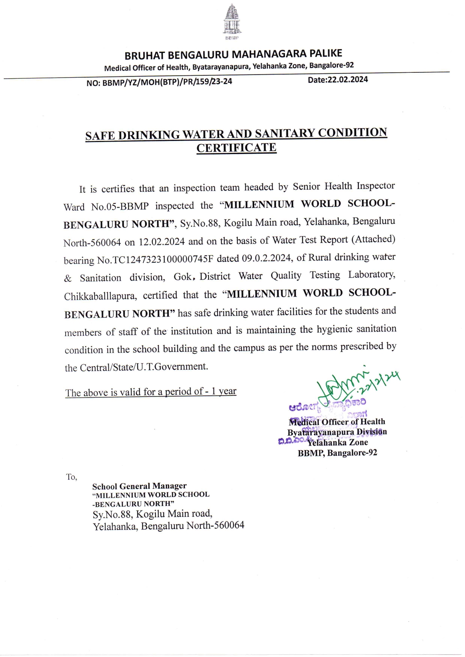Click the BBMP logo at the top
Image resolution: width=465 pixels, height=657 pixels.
click(232, 22)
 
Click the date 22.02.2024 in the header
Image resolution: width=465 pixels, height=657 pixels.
click(348, 80)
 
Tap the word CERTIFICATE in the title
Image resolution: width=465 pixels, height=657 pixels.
click(236, 148)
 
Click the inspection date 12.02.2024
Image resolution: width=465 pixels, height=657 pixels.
click(162, 242)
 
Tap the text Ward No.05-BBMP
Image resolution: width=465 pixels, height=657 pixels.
click(106, 207)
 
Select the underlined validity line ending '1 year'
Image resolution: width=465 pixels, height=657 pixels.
click(151, 392)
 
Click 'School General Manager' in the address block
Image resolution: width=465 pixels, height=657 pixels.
click(139, 486)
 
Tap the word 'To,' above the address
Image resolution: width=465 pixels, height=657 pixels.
click(72, 477)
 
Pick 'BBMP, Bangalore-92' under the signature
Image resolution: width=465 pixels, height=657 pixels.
click(337, 453)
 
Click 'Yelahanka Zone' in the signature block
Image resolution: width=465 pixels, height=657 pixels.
click(337, 443)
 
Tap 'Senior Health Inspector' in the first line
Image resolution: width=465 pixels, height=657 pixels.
click(343, 186)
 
